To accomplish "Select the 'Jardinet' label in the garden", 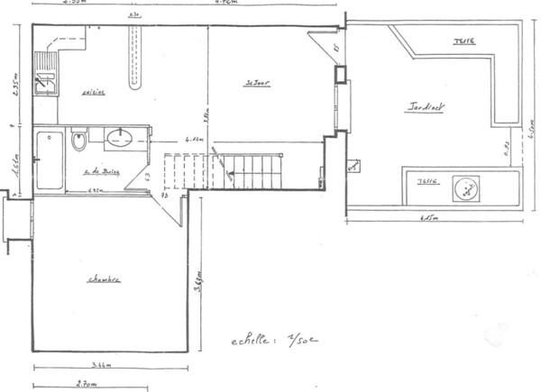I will [x=426, y=106].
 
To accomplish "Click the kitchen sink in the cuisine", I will [x=44, y=72].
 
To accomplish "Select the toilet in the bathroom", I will [x=78, y=142].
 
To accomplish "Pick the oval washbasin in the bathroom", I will [x=119, y=138].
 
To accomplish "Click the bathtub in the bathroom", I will [x=49, y=160].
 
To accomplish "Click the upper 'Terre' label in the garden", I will [x=465, y=41].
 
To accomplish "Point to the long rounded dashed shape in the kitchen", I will [x=137, y=56].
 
